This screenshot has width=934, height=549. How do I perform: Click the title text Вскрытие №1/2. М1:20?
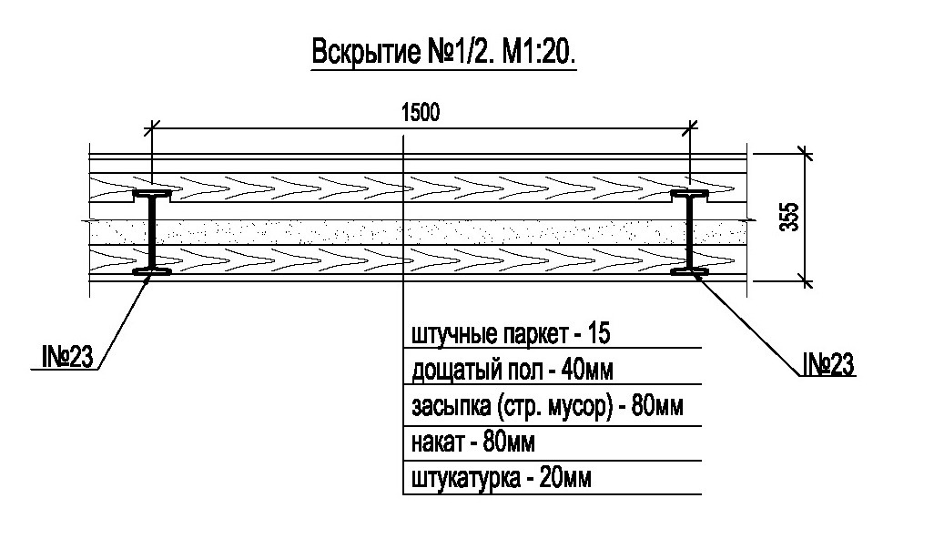[x=444, y=53]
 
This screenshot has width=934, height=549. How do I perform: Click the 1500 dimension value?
[x=421, y=112]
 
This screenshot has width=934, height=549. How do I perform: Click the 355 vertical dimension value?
[x=790, y=217]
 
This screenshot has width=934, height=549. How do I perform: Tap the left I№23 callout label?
[x=67, y=357]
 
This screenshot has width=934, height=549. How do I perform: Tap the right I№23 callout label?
[x=828, y=364]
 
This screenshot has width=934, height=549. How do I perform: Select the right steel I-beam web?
[x=690, y=233]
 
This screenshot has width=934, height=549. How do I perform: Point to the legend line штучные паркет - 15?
[x=511, y=335]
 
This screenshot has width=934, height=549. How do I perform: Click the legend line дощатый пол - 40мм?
[x=513, y=371]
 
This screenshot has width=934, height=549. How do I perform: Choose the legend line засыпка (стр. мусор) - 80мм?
[x=547, y=407]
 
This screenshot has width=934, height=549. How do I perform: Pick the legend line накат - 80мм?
[x=473, y=442]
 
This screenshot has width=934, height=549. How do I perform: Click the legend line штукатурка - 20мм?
[x=502, y=478]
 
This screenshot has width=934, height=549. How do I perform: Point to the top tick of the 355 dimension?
[x=806, y=154]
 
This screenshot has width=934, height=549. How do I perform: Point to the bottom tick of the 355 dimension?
[x=806, y=280]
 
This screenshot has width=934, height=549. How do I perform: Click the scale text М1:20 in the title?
[x=540, y=53]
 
